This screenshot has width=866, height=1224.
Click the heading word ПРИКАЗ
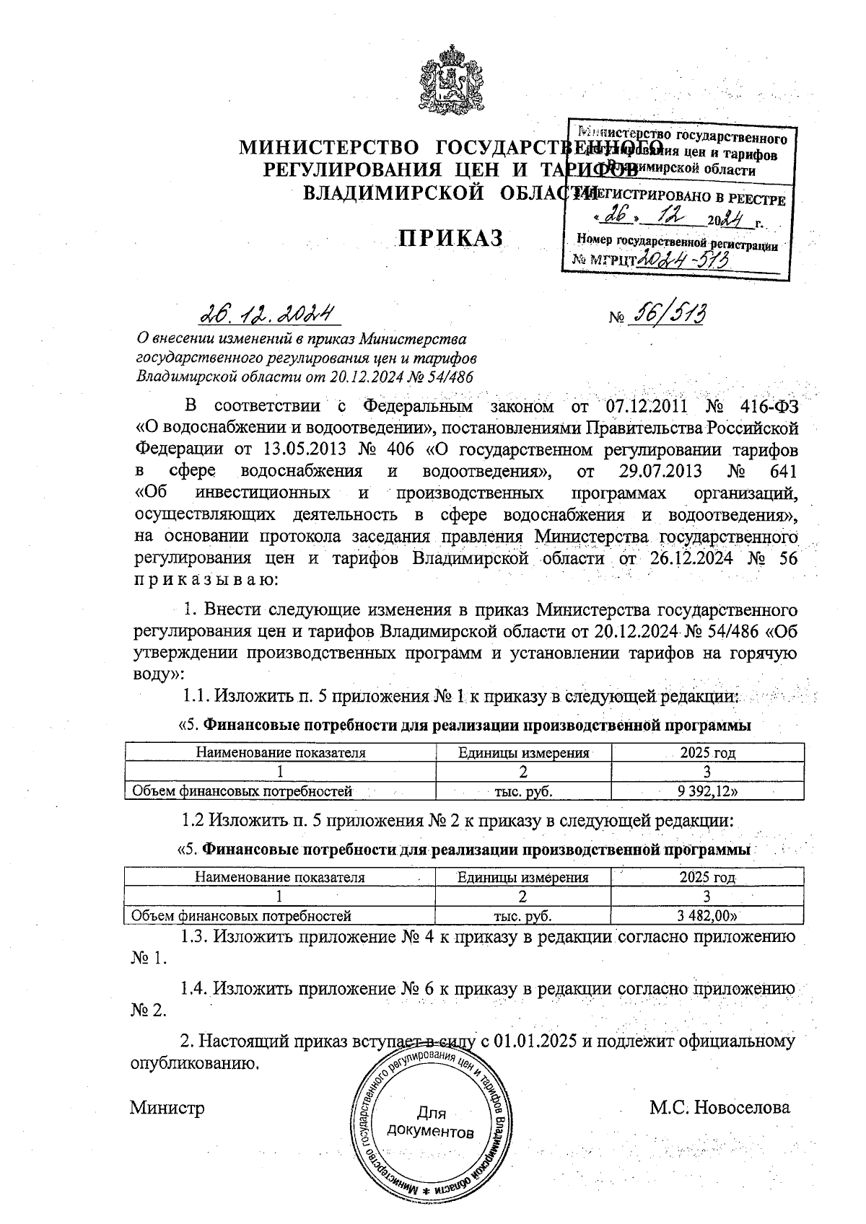452,239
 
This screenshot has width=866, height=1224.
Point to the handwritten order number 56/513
668,314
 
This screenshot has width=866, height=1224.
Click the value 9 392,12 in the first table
708,791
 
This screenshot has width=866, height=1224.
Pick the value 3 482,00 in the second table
708,916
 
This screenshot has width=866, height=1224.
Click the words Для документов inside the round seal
431,1122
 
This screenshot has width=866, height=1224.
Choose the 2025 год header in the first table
707,753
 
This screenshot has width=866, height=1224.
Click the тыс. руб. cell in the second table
523,916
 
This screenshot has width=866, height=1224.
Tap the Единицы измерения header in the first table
524,753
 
